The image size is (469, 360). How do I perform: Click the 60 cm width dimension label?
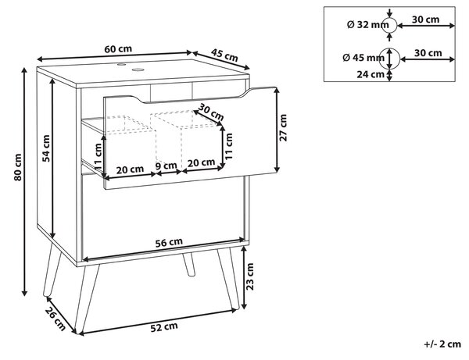pos(118,48)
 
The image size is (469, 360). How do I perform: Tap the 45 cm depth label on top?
pos(224,55)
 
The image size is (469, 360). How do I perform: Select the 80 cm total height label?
pos(18,167)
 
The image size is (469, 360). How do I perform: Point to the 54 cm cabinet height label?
pos(46,148)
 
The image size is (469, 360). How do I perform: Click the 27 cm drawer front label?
pos(283,127)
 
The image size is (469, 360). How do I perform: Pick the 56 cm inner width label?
pos(169,242)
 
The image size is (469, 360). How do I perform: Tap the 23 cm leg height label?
pos(249,276)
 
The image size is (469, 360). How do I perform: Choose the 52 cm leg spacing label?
pos(164,327)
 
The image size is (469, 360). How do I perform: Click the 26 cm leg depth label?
pos(55,319)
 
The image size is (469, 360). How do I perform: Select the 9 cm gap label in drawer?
pos(166,166)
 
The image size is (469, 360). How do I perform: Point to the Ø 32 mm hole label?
pos(367,25)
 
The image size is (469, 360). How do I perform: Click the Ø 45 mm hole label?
pos(363,57)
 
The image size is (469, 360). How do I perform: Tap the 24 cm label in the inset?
pos(371,74)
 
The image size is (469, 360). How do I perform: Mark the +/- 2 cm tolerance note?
pos(442,344)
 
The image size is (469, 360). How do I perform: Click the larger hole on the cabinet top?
pos(138,70)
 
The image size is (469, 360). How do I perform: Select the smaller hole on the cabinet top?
pos(122,64)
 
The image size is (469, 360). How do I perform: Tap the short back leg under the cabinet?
pos(189,265)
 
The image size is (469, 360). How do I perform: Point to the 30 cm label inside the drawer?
pos(212,112)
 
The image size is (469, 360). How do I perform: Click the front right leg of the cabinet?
pos(229,279)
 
